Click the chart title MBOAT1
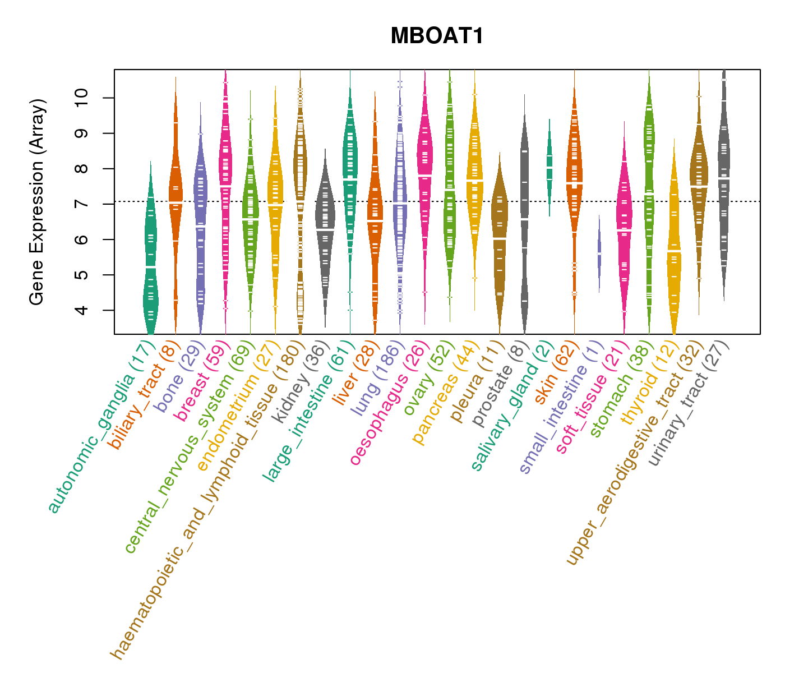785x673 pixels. point(437,36)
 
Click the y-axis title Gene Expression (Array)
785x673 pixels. point(37,202)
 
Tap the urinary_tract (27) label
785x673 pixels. point(689,404)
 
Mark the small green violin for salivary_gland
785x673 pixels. point(549,168)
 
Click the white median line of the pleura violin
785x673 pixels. point(499,238)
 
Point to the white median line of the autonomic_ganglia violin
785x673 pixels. point(150,268)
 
